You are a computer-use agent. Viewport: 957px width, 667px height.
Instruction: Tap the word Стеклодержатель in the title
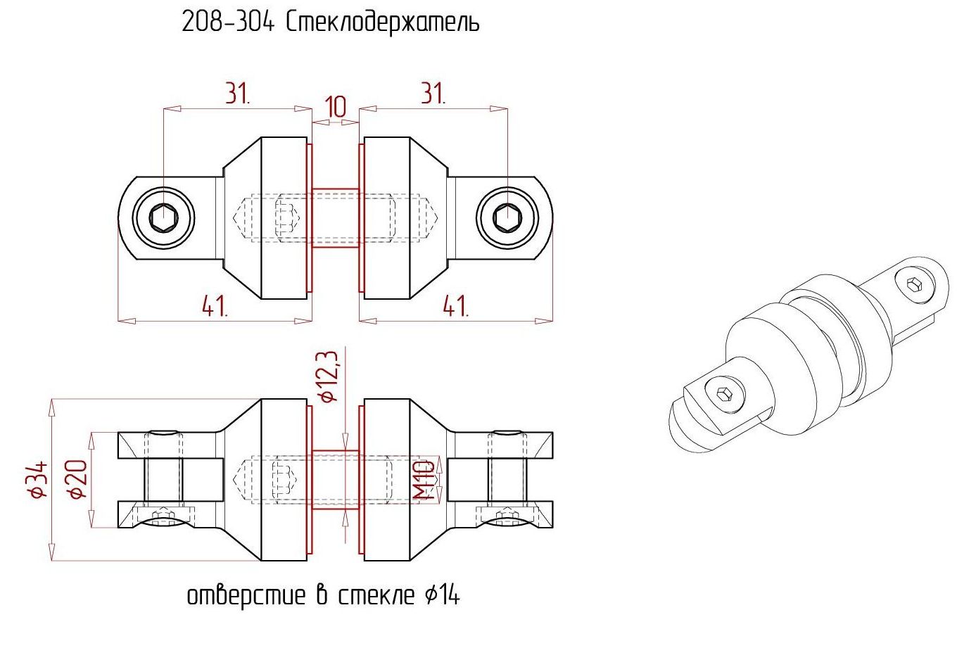click(383, 23)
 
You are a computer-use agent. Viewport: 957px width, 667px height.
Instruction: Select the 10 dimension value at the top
click(336, 107)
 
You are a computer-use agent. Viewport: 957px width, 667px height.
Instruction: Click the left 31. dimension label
click(238, 94)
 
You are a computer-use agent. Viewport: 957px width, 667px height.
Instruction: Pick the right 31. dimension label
click(433, 94)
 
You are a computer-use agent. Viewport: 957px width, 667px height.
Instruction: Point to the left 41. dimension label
click(215, 306)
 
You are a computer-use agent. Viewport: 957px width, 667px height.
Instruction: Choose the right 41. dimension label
click(456, 306)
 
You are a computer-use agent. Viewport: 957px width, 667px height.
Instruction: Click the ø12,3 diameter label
click(328, 376)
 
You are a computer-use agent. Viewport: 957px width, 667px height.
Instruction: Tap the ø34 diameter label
click(37, 479)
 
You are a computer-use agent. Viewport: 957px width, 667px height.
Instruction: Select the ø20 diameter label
click(77, 479)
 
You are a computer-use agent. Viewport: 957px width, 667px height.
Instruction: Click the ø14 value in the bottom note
click(442, 595)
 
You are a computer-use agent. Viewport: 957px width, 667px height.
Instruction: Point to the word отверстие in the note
click(246, 595)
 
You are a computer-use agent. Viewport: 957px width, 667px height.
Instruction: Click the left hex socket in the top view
click(164, 218)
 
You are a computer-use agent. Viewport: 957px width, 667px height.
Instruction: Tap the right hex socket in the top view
click(507, 218)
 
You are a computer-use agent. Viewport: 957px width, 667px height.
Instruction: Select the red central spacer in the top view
click(336, 218)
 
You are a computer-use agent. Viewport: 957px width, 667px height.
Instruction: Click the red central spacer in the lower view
click(336, 479)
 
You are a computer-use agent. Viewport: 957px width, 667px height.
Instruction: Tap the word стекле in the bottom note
click(376, 595)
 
